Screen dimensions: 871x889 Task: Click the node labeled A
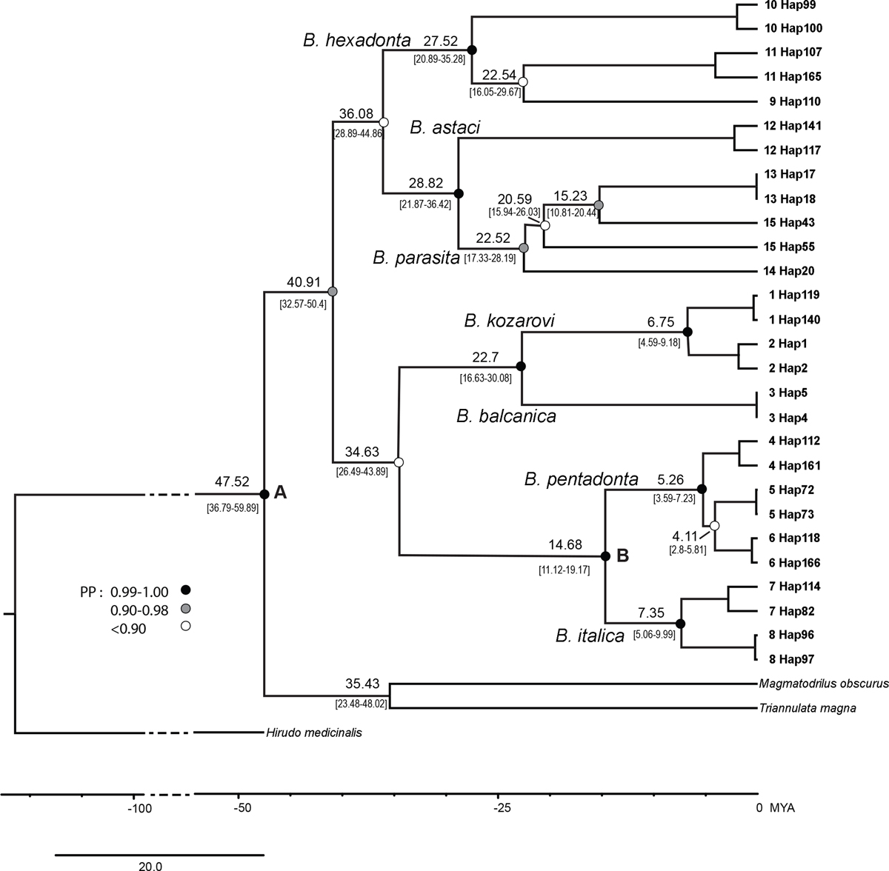[x=264, y=493]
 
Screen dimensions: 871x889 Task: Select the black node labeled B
[x=605, y=555]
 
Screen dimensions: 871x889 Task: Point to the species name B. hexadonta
[x=357, y=41]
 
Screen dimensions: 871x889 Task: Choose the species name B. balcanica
[x=506, y=416]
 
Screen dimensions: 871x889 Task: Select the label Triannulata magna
[x=808, y=708]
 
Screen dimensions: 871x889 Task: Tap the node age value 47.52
[x=232, y=481]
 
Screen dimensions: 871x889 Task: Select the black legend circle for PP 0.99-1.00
[x=186, y=590]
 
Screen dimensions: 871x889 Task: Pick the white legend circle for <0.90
[x=186, y=627]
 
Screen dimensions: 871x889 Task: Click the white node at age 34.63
[x=399, y=462]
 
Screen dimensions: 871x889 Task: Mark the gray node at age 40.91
[x=332, y=292]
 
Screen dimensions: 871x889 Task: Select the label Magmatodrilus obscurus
[x=822, y=684]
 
